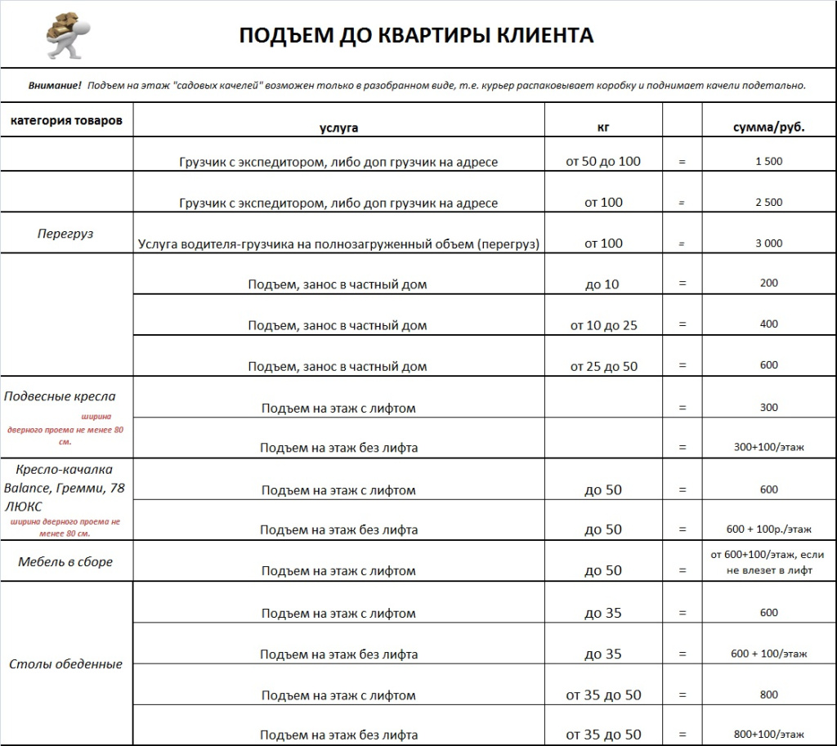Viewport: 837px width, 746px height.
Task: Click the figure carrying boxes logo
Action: click(67, 35)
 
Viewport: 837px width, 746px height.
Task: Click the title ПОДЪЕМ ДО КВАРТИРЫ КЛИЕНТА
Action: click(416, 35)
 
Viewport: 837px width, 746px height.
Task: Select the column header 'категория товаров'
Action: click(66, 120)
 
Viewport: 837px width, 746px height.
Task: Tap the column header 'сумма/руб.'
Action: click(768, 127)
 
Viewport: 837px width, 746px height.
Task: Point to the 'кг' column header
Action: click(603, 127)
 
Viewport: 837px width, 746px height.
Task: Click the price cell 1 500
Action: click(768, 161)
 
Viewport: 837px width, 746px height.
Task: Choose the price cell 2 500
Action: click(768, 203)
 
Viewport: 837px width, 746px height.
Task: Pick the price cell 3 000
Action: click(768, 243)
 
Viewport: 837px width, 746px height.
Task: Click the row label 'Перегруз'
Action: click(65, 234)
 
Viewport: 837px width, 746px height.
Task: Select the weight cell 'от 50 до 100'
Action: click(603, 161)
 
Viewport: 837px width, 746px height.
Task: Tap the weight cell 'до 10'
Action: click(603, 284)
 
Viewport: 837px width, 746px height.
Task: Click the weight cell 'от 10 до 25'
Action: click(603, 325)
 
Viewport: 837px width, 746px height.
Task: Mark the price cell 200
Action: click(768, 283)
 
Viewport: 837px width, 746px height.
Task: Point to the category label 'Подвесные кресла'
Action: click(60, 396)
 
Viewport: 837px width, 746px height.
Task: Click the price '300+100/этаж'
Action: click(768, 447)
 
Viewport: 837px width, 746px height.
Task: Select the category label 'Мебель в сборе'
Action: click(65, 562)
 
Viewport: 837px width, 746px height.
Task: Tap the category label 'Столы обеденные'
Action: click(65, 663)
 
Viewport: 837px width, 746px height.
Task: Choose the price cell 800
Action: click(768, 695)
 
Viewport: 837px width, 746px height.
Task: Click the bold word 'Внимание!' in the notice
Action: click(55, 85)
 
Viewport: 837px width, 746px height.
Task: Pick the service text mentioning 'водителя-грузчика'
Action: click(338, 243)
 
